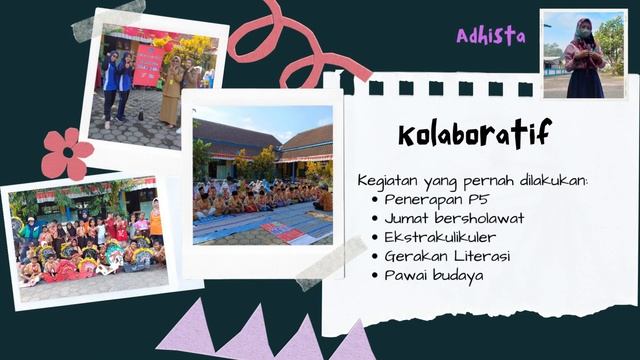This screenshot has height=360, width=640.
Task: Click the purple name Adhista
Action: click(490, 36)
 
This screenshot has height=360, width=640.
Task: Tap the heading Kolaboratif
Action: click(473, 133)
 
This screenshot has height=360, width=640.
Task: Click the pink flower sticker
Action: click(67, 153)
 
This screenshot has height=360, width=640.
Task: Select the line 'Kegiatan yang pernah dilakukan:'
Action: click(472, 180)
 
